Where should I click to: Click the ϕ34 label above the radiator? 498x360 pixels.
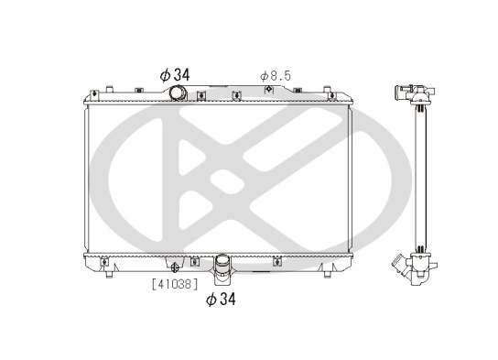173,74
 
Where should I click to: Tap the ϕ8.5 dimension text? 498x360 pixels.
275,74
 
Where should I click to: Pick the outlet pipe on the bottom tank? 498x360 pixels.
222,268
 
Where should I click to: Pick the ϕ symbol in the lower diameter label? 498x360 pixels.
211,299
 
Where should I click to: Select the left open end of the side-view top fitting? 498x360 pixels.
395,91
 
